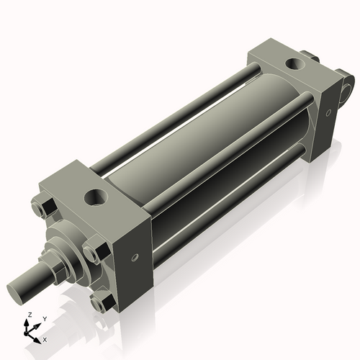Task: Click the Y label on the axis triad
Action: click(45, 318)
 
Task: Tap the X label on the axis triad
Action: click(45, 338)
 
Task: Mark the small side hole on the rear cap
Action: click(328, 111)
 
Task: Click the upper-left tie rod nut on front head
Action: click(41, 208)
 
